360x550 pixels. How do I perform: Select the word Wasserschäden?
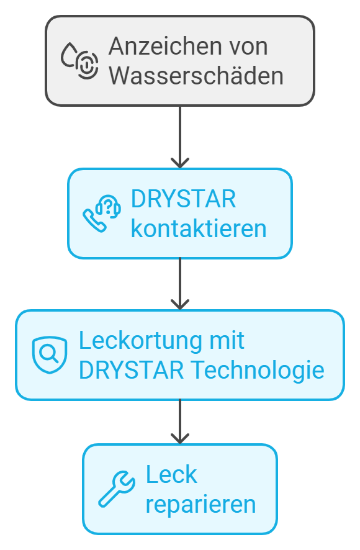[x=196, y=76]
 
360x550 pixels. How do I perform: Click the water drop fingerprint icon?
[x=79, y=61]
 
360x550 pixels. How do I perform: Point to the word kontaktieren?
[x=199, y=228]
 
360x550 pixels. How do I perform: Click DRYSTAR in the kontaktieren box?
[x=184, y=199]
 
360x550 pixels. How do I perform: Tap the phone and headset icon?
[x=102, y=214]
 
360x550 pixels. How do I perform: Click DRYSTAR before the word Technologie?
[x=131, y=370]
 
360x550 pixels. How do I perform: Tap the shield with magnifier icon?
[x=50, y=355]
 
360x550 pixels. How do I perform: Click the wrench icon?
[x=117, y=489]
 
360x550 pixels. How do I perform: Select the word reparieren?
[x=200, y=505]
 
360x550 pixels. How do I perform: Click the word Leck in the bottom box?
[x=171, y=474]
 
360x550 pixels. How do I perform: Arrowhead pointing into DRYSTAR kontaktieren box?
[x=180, y=163]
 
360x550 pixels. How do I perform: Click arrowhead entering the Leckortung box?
[x=180, y=305]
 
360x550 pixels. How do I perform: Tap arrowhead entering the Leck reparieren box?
[x=180, y=439]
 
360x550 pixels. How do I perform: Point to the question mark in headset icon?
[x=109, y=206]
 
